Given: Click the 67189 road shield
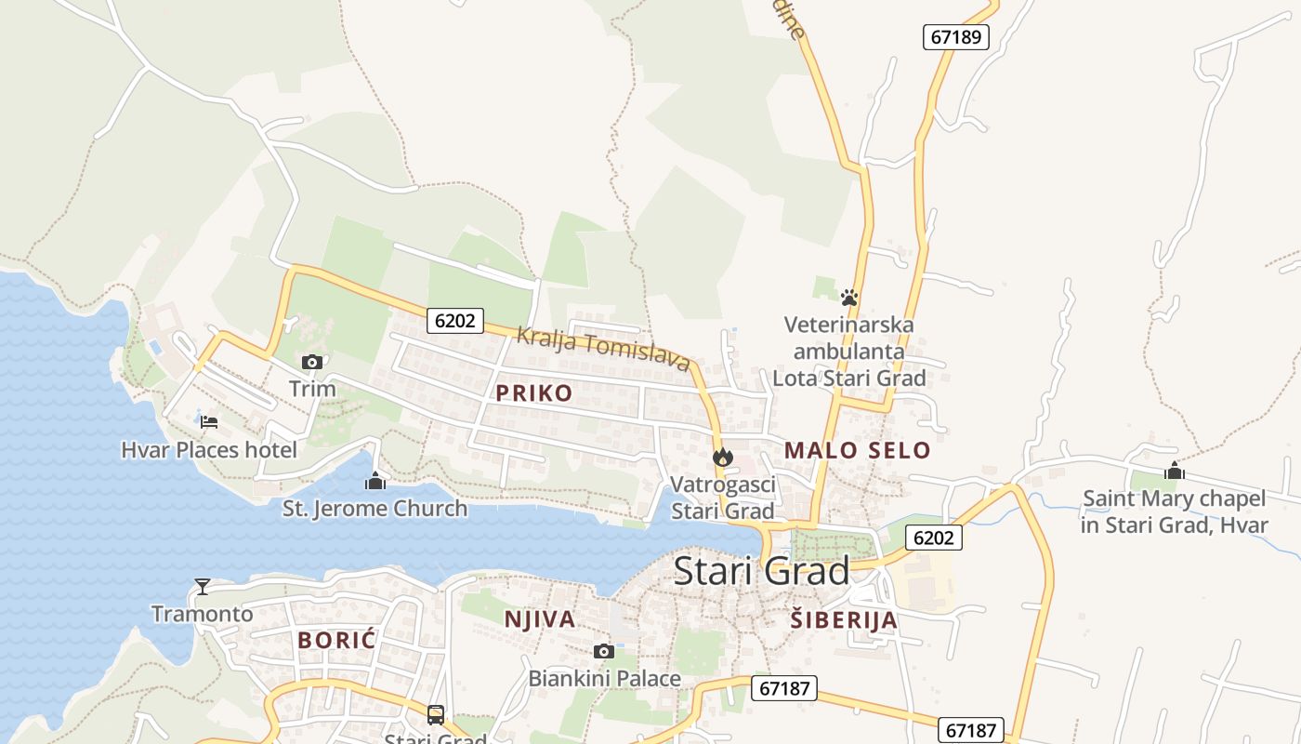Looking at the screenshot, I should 955,37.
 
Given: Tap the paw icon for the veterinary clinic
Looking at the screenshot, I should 848,298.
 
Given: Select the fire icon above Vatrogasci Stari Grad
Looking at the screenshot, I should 723,457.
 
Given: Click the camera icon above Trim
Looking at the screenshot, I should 312,362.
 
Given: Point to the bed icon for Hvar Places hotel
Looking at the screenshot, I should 209,422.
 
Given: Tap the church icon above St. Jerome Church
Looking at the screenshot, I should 375,481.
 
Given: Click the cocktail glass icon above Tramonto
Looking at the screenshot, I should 203,586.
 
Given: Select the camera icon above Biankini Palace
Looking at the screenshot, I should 604,651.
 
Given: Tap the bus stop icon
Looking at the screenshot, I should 436,714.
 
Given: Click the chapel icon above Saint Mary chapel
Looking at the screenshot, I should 1175,472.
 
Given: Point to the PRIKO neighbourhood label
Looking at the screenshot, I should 534,393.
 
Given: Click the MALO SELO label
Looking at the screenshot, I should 857,451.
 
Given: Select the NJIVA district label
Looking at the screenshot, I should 540,619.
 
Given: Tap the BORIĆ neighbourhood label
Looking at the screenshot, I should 336,640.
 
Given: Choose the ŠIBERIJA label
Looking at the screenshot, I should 844,620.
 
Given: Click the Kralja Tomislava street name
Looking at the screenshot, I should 604,349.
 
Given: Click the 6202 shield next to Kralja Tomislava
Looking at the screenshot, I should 455,321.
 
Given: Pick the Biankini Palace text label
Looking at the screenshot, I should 604,679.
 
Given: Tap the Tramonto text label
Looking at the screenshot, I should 203,614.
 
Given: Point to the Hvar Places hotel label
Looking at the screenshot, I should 209,450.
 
